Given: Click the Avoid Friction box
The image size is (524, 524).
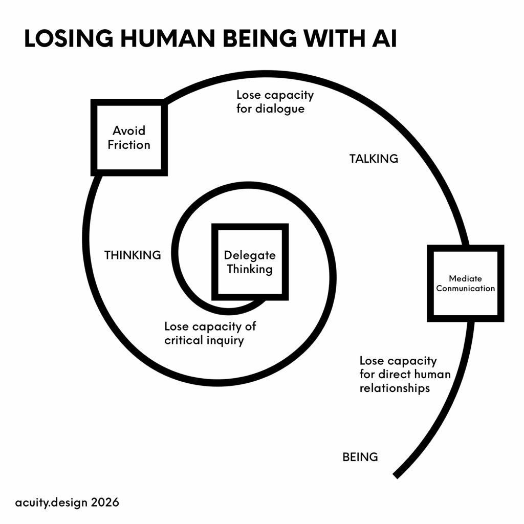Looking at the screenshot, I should [x=129, y=137].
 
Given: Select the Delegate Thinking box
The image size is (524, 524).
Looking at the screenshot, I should [x=250, y=261].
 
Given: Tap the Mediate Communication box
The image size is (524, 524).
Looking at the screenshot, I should [x=465, y=283].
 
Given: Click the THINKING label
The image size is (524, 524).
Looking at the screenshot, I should [x=133, y=255].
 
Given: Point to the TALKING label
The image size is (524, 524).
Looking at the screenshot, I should [x=374, y=159].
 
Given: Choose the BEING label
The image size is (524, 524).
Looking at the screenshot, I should [x=360, y=457].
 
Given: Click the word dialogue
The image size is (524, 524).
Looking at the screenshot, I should [x=281, y=108].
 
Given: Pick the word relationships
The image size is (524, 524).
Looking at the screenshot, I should [x=395, y=388].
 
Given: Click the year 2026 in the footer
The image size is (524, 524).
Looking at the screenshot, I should [x=105, y=502].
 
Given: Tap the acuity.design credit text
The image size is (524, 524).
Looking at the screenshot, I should [x=52, y=502].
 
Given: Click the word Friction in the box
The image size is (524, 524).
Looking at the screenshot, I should [x=129, y=145].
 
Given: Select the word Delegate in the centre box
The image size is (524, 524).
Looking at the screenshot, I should [x=250, y=255].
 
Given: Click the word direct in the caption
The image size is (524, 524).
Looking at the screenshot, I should [x=397, y=374].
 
